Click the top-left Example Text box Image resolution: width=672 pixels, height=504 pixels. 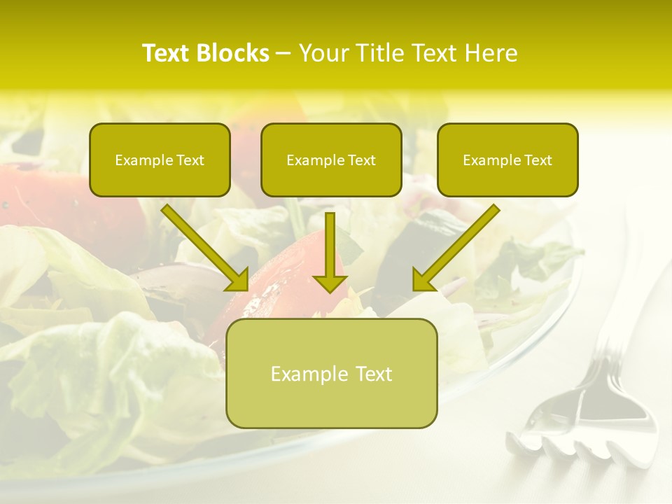160,160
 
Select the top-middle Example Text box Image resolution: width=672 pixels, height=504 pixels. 331,160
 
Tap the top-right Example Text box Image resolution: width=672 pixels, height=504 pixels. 507,160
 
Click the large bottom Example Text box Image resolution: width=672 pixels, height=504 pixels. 331,373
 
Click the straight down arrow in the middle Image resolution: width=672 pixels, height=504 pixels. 330,248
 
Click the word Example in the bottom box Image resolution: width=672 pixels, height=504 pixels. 309,374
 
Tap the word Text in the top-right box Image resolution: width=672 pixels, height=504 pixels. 538,160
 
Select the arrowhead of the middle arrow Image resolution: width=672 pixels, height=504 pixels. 330,282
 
